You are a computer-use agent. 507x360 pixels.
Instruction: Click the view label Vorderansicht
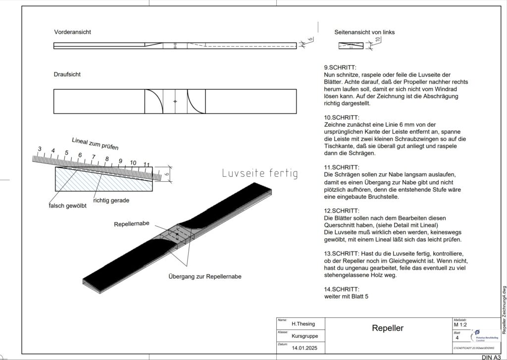click(72, 32)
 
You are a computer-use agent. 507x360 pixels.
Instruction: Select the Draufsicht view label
click(67, 74)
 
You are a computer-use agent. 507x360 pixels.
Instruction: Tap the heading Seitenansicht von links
click(364, 32)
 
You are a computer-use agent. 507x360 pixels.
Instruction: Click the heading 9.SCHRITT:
click(340, 67)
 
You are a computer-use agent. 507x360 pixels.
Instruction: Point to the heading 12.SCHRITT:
click(342, 210)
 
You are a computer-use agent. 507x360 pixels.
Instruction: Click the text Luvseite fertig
click(260, 173)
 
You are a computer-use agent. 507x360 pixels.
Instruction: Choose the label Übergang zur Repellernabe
click(205, 276)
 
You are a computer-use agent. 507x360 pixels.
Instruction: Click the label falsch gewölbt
click(67, 206)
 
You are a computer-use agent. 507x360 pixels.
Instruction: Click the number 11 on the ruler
click(147, 164)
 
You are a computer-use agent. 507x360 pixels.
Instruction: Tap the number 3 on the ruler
click(40, 149)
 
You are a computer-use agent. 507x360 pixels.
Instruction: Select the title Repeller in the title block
click(388, 328)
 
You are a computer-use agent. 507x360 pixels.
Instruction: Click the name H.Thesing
click(303, 324)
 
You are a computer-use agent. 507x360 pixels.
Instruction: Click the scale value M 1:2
click(462, 325)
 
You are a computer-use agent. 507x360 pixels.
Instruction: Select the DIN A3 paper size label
click(490, 357)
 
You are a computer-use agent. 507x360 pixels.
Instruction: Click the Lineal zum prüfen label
click(95, 143)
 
